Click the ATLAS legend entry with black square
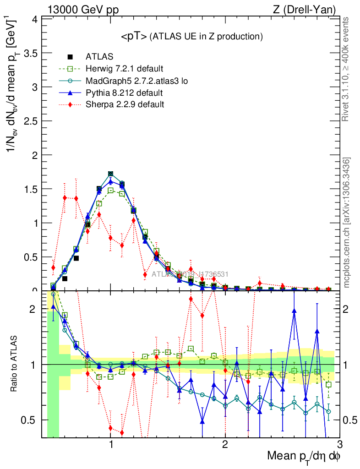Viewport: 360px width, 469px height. pos(98,57)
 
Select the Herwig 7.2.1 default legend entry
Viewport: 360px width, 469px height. pos(124,69)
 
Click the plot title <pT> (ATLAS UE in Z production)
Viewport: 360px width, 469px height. pos(191,37)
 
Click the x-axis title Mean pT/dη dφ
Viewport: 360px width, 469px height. pos(304,457)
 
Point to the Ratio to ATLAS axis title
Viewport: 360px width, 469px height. pos(15,364)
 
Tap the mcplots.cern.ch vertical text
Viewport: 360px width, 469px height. pos(346,223)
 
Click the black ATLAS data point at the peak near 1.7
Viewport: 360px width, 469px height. pos(111,174)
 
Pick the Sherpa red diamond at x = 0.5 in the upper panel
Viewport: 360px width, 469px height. pos(53,267)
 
